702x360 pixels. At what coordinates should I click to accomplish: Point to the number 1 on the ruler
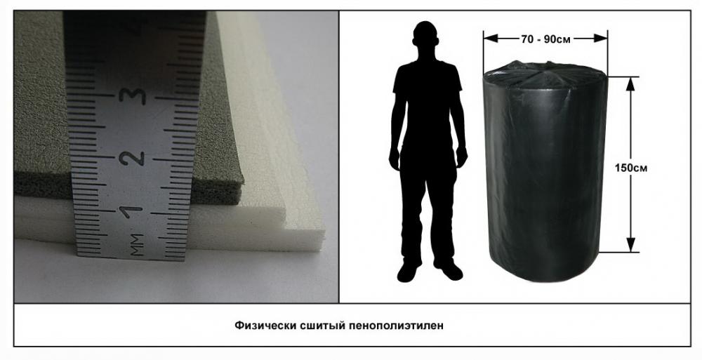coord(131,211)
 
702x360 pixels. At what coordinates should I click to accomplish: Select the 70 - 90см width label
coord(545,39)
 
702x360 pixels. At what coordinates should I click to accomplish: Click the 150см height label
coord(630,168)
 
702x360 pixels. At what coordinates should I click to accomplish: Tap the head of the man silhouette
coord(425,36)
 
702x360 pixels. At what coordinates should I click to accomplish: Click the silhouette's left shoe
coord(407,272)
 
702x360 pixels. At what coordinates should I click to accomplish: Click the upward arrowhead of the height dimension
coord(630,84)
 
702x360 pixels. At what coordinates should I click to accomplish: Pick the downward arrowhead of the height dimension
coord(630,245)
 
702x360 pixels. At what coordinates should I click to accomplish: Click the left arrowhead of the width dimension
coord(491,39)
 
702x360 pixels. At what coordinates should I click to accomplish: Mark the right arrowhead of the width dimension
coord(600,39)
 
